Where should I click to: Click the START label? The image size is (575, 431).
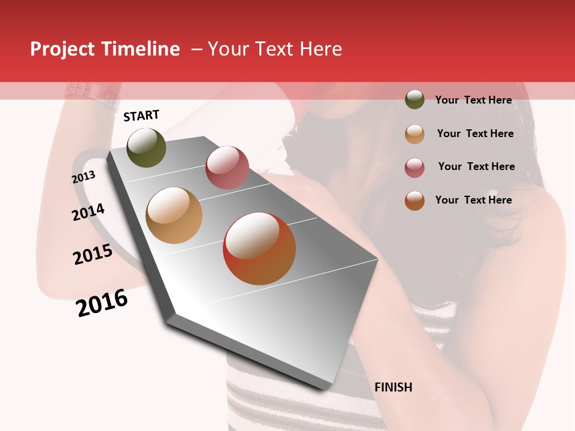pos(141,116)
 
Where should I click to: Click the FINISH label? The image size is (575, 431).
pos(393,387)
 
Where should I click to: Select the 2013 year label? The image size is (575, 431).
pos(84,177)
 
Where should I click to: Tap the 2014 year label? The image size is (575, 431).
pos(88,212)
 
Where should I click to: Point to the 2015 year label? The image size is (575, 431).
pos(93,254)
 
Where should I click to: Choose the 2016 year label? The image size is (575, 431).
pos(102,303)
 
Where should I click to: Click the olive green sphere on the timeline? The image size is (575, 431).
pos(147,147)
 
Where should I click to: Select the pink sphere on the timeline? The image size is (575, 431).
pos(227,167)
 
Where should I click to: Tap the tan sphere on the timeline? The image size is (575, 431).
pos(174,215)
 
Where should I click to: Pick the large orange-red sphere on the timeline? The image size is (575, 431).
pos(259,248)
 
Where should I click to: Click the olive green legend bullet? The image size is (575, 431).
pos(414,99)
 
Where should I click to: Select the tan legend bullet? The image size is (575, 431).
pos(414,134)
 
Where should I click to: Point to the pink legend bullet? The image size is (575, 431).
pos(414,168)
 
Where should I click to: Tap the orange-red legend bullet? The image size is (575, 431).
pos(414,201)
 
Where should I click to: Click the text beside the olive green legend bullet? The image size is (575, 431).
pos(473,100)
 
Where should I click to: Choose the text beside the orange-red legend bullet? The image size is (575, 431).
pos(473,200)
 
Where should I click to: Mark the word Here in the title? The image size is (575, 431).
pos(320,49)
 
